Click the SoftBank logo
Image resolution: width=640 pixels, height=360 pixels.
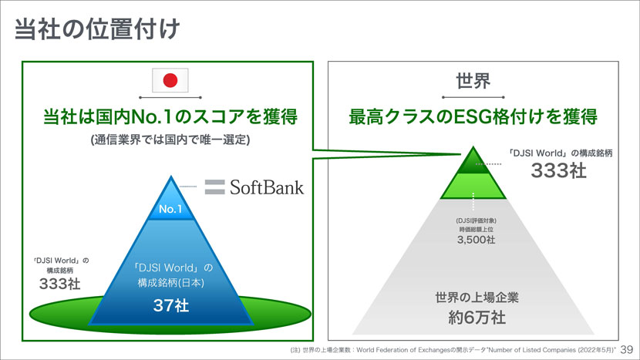tap(254, 187)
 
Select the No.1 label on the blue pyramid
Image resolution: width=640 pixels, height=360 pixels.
tap(169, 209)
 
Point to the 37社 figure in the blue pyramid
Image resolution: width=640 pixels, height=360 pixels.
tap(170, 305)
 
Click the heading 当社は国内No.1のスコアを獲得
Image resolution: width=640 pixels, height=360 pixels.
tap(170, 117)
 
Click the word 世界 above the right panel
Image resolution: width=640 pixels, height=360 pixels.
tap(474, 81)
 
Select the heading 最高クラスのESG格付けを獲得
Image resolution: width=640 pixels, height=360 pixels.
tap(473, 117)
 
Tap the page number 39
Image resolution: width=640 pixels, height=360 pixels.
tap(627, 349)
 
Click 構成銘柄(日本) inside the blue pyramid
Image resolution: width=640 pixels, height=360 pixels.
tap(170, 283)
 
